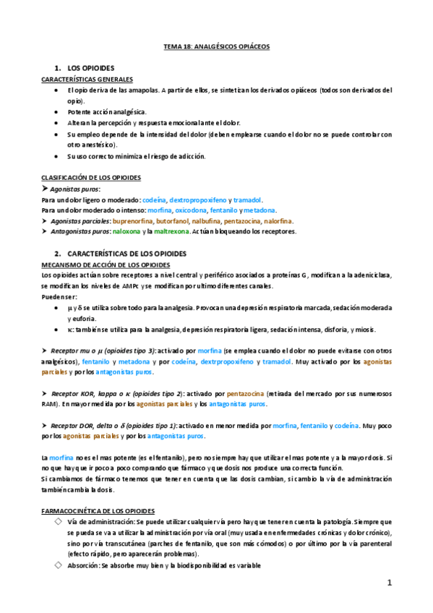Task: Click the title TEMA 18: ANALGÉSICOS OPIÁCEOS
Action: point(216,46)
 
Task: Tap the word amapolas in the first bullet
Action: point(150,90)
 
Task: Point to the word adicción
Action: point(191,156)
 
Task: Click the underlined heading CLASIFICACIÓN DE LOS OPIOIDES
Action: point(90,177)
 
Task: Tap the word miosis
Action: point(363,330)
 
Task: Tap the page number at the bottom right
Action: point(389,583)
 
